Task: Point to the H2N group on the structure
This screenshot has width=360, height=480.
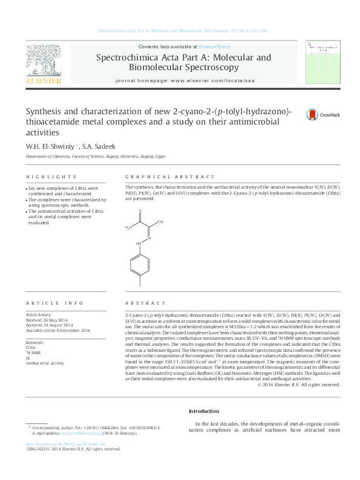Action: coord(128,228)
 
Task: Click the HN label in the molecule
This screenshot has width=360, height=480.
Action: coord(139,244)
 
